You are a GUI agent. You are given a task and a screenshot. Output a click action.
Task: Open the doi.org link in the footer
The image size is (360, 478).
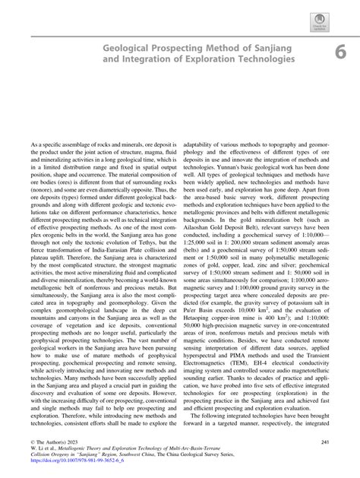(x=62, y=465)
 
